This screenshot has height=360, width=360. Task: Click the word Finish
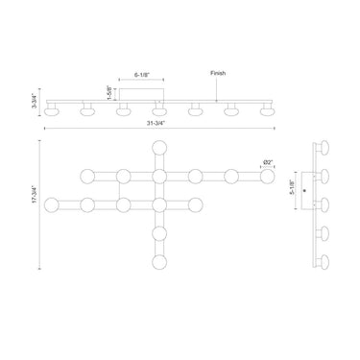218,73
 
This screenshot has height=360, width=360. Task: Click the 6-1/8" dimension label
141,75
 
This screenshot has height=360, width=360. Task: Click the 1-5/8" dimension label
109,93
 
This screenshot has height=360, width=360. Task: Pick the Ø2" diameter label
268,163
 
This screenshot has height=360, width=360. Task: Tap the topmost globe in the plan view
159,148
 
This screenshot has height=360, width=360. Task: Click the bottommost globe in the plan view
159,262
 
